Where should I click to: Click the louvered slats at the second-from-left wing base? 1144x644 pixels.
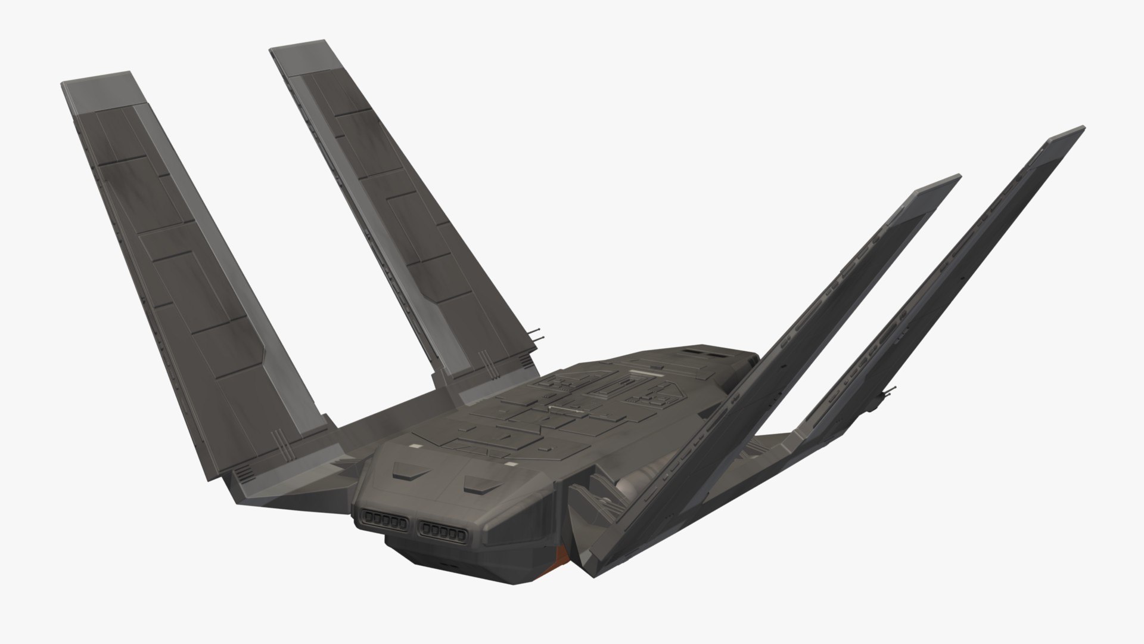pos(525,361)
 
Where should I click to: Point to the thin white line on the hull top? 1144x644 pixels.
pos(563,409)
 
